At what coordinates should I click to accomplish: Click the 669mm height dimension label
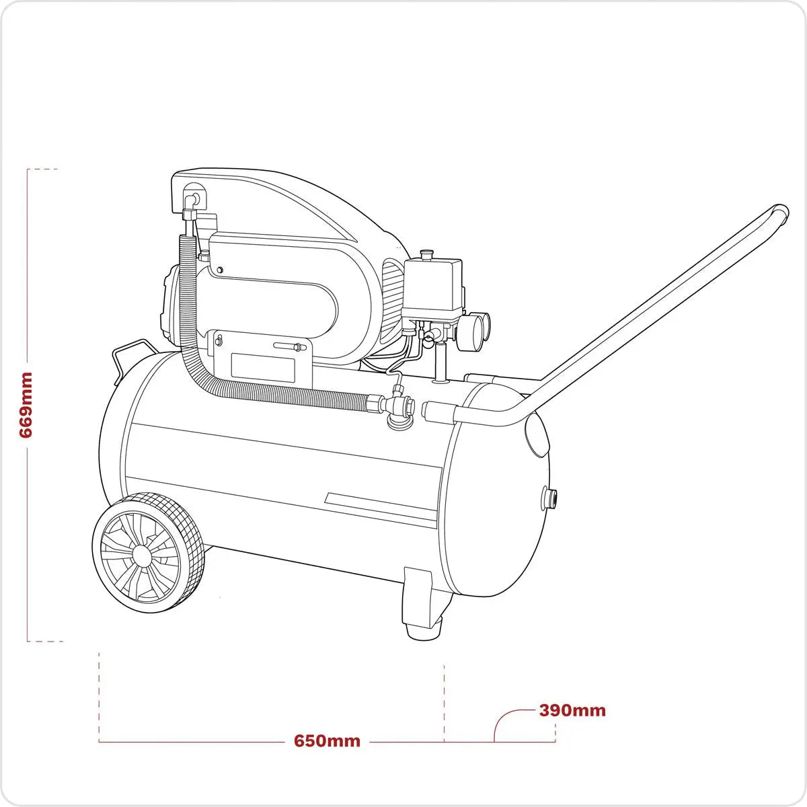point(26,405)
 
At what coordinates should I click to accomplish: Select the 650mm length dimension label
point(327,741)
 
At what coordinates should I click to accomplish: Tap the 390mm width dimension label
point(572,710)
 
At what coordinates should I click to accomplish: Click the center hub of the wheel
point(141,555)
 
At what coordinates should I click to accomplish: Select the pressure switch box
point(432,287)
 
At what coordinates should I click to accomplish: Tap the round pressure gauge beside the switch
point(477,328)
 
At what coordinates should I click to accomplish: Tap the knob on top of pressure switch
point(425,254)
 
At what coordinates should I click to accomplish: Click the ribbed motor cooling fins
point(390,296)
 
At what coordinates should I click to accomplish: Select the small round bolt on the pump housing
point(220,270)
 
